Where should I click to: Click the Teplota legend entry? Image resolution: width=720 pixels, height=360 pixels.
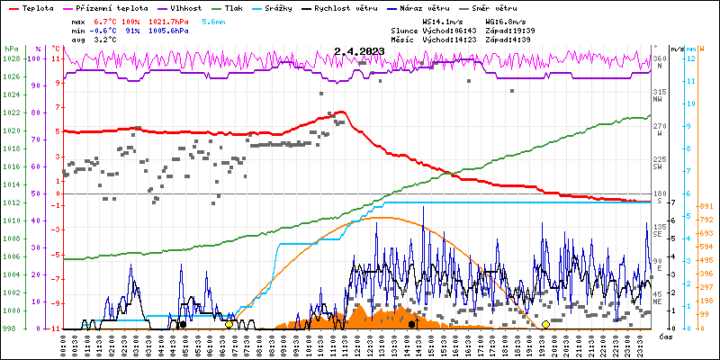pyautogui.click(x=37, y=6)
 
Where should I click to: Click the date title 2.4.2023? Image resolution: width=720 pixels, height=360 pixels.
pyautogui.click(x=358, y=52)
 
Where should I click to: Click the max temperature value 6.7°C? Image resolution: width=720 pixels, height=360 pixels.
pyautogui.click(x=106, y=20)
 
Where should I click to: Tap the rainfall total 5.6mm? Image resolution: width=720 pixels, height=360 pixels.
pyautogui.click(x=213, y=20)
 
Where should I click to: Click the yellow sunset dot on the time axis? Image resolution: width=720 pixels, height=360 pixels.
pyautogui.click(x=545, y=324)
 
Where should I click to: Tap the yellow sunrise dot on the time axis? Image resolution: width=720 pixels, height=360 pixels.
pyautogui.click(x=229, y=324)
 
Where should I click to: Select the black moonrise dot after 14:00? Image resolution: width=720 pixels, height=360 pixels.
pyautogui.click(x=412, y=324)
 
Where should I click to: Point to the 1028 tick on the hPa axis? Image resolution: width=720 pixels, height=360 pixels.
pyautogui.click(x=11, y=58)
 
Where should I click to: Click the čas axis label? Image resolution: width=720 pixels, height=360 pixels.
pyautogui.click(x=666, y=337)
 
